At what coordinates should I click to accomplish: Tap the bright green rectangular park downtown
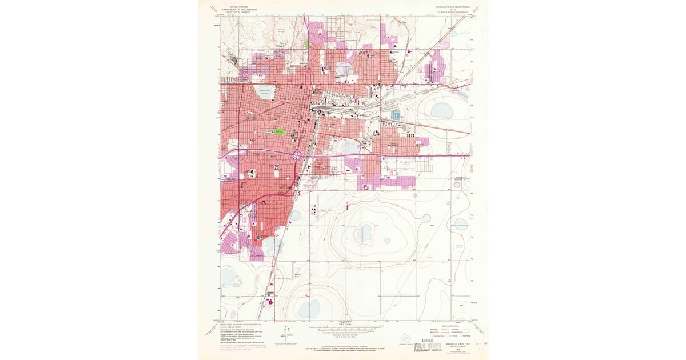click(279, 131)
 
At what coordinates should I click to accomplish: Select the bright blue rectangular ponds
click(396, 115)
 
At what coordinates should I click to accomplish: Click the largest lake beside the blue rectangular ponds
click(441, 110)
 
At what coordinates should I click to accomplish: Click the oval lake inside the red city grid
click(264, 93)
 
